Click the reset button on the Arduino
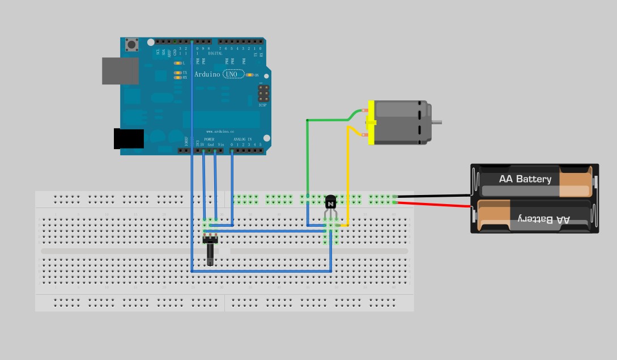click(x=132, y=45)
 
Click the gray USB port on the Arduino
click(x=120, y=71)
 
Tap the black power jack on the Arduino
click(x=129, y=139)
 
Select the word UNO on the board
click(x=231, y=74)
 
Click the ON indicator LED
click(x=249, y=75)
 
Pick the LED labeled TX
click(x=177, y=73)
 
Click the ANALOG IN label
click(x=242, y=139)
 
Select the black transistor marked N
click(x=331, y=202)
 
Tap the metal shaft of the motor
click(x=436, y=122)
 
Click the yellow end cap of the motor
click(x=371, y=122)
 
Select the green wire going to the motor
click(x=308, y=159)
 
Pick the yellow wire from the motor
click(x=347, y=181)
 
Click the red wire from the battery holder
click(x=433, y=202)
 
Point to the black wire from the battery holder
click(x=433, y=196)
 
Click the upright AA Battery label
click(x=525, y=179)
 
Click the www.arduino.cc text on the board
click(x=217, y=132)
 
